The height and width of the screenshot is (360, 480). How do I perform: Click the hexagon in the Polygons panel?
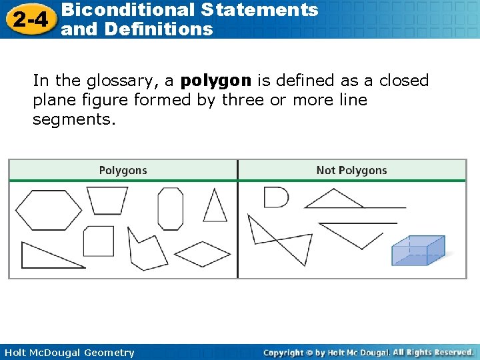coord(48,210)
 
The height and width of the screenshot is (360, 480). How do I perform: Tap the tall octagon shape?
coord(170,208)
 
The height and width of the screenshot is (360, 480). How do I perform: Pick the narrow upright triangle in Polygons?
coord(215,207)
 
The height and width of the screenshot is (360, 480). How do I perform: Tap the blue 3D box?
coord(418,251)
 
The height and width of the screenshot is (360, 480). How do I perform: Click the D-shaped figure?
coord(275,197)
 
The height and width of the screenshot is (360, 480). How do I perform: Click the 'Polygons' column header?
coord(123,171)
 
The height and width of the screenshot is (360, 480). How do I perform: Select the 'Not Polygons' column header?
coord(351,171)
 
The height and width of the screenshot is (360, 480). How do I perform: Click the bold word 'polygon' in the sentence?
coord(216,81)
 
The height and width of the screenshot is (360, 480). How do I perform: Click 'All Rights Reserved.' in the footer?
coord(433,352)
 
